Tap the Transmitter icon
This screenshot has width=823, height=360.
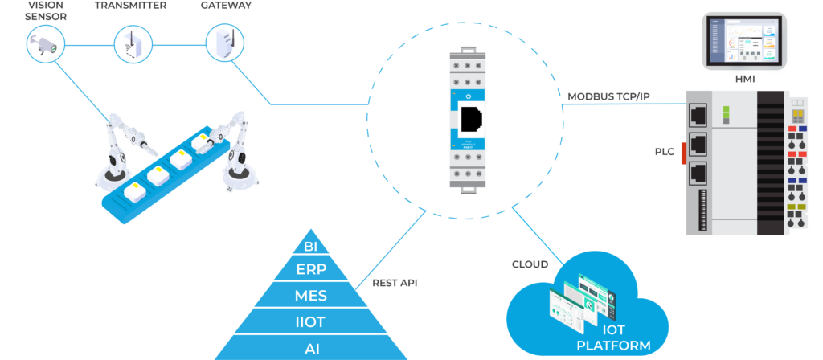pos(132,43)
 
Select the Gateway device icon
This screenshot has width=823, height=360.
pos(220,43)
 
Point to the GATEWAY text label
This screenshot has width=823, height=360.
pos(226,5)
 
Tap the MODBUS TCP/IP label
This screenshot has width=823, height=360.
pos(609,96)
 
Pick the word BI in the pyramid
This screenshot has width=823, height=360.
pos(311,245)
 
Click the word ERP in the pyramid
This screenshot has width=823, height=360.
pos(311,269)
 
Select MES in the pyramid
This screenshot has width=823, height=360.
pos(311,296)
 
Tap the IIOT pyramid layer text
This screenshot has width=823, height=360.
pos(311,322)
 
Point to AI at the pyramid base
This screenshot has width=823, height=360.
pos(311,348)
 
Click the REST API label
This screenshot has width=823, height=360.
pos(395,283)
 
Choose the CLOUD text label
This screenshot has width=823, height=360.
pos(530,264)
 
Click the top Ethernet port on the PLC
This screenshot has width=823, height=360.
pos(698,117)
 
